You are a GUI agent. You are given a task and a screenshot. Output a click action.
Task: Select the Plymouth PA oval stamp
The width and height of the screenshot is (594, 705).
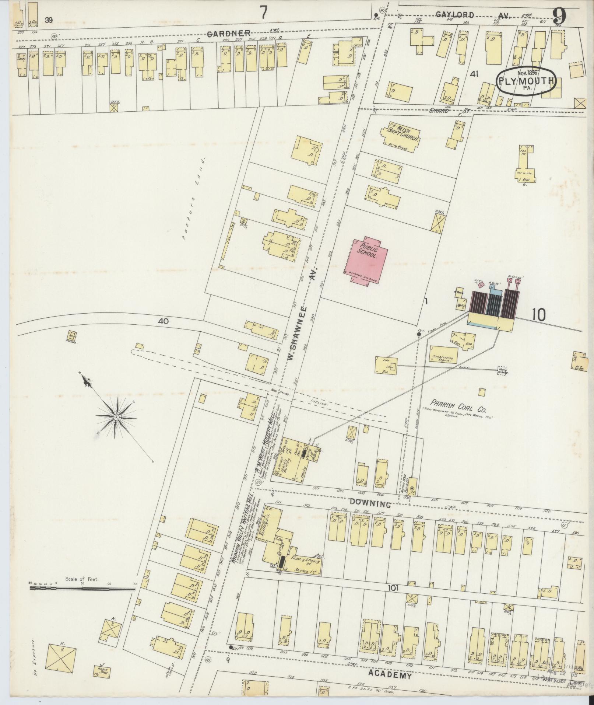526,81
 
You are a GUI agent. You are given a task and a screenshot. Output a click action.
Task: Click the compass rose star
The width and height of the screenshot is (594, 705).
116,417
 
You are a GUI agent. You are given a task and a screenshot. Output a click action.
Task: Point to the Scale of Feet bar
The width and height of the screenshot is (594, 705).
82,589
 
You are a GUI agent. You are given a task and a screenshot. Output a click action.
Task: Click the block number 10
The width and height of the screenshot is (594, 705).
538,314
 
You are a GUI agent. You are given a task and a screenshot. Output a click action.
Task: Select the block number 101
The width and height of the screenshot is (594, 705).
393,589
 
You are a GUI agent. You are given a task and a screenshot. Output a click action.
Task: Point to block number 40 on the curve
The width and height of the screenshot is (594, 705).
164,321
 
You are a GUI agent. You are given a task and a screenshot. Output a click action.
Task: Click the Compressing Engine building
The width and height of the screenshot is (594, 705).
443,358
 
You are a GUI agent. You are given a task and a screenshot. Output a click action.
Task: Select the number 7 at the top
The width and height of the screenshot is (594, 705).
263,13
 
